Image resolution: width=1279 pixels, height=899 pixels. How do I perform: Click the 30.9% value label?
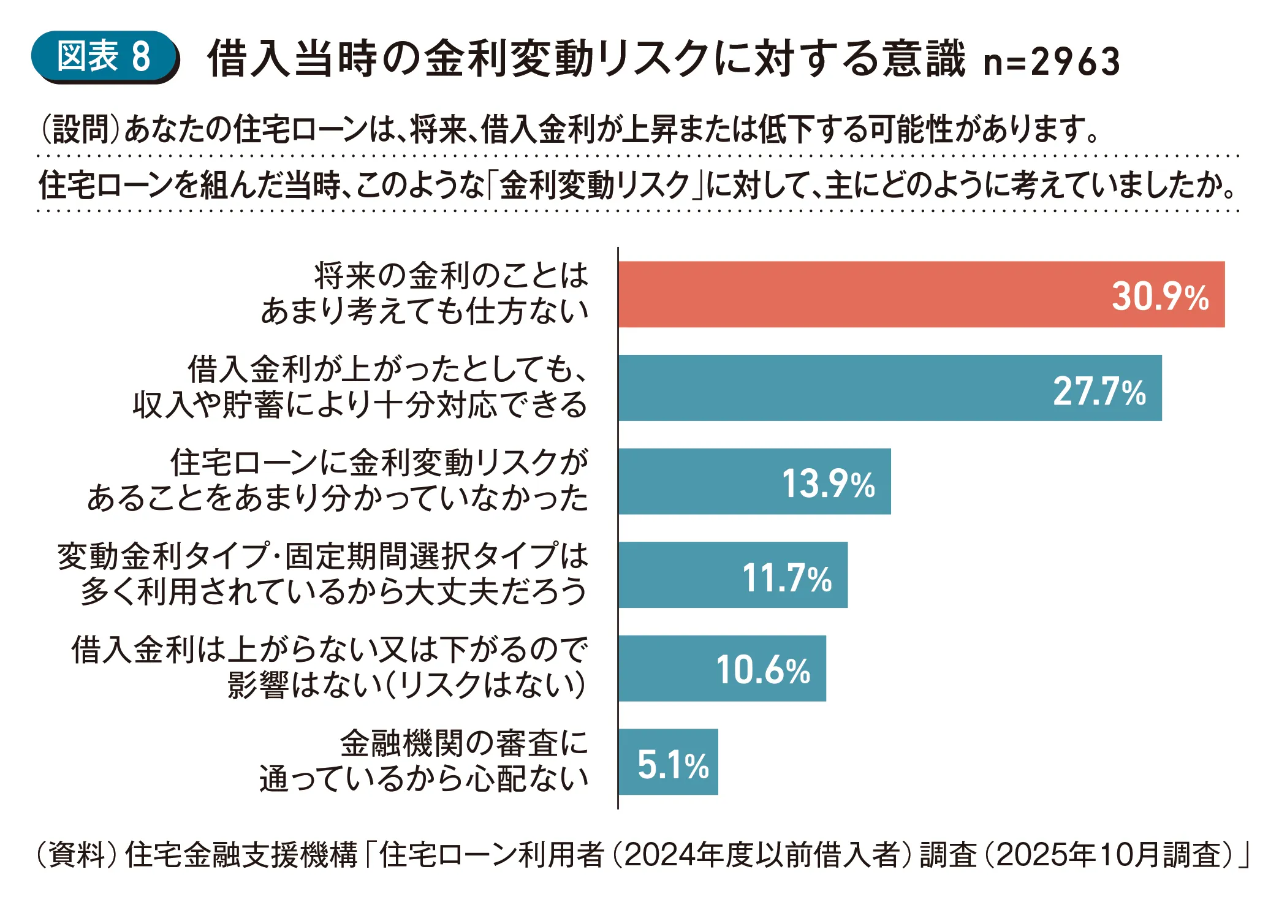1160,297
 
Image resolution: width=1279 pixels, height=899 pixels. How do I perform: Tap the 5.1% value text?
673,765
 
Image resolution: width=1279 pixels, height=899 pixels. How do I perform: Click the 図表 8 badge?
104,56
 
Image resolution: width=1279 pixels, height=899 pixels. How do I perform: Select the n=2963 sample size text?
1052,61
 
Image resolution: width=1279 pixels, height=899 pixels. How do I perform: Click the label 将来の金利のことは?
451,276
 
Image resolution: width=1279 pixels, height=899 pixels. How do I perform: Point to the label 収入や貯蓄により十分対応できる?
360,405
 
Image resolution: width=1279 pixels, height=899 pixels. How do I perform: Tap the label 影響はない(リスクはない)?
407,685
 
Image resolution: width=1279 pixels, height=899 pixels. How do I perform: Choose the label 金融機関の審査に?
464,743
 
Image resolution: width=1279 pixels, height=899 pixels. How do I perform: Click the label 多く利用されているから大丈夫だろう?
334,592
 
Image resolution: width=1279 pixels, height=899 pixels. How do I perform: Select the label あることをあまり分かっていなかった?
338,498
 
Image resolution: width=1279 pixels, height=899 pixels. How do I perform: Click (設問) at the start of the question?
80,130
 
